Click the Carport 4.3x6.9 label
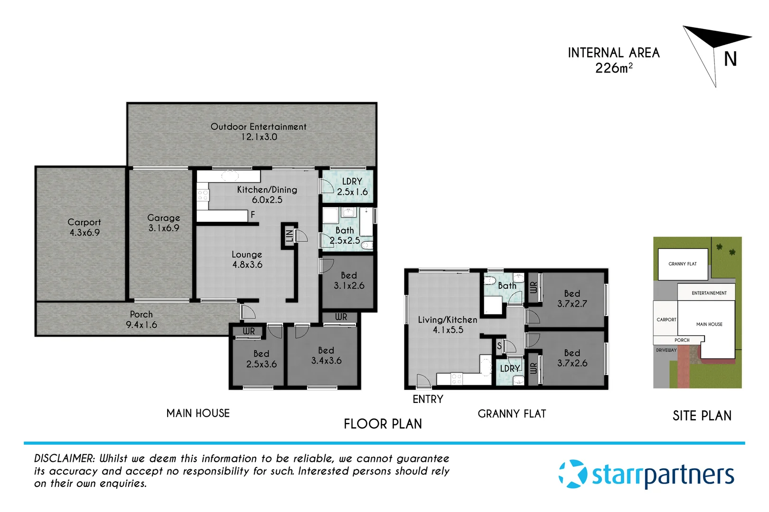click(84, 227)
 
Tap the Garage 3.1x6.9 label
click(163, 223)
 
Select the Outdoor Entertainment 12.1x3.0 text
click(258, 132)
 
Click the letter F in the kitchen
click(253, 215)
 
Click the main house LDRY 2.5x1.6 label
click(352, 187)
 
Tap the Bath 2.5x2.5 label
click(345, 235)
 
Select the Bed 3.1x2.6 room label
click(349, 281)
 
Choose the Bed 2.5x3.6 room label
click(261, 359)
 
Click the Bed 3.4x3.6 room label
click(326, 356)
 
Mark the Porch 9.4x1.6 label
click(141, 320)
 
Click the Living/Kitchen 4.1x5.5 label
click(447, 325)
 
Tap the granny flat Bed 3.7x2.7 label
click(572, 299)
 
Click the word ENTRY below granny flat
click(428, 399)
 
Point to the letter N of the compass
click(730, 60)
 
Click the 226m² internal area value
click(613, 68)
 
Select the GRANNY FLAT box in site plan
click(683, 264)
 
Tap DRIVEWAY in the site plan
click(666, 350)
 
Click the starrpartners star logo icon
click(573, 474)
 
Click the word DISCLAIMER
click(65, 458)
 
